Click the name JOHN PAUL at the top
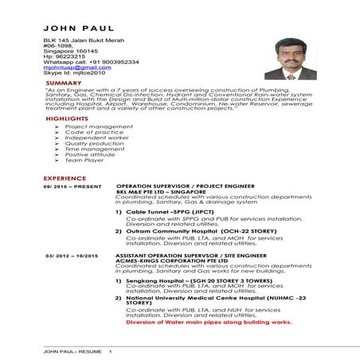coord(68,29)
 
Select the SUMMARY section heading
coord(64,83)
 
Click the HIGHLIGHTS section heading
coord(67,118)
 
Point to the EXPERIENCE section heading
coord(65,178)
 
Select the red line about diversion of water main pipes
coord(209,323)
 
